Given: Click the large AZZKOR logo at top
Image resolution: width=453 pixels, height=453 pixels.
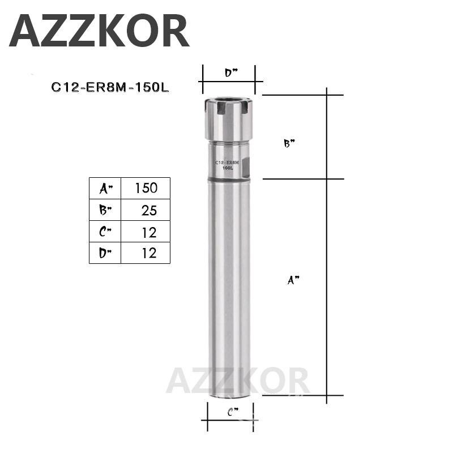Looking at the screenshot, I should click(x=99, y=31).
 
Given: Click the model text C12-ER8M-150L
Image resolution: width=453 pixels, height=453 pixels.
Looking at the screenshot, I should click(x=110, y=87).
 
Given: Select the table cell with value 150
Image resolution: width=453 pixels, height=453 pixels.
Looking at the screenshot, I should click(x=146, y=188).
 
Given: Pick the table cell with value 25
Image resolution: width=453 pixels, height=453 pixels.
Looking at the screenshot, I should click(x=148, y=210).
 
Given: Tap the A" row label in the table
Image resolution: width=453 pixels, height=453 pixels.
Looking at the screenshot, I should click(x=105, y=188).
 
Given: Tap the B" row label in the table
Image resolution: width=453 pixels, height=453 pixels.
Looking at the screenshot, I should click(x=105, y=210).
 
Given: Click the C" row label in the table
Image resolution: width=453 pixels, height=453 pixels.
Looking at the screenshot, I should click(x=105, y=232).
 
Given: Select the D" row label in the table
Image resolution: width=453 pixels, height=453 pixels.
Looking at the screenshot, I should click(x=105, y=253).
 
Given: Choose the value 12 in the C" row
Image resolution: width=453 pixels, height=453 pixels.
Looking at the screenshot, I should click(x=148, y=232).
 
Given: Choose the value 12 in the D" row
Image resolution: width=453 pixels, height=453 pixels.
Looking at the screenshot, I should click(x=148, y=253).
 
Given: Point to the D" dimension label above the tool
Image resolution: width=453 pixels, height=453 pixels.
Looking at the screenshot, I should click(x=230, y=72).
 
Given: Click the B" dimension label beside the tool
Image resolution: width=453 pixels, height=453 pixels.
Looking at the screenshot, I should click(x=289, y=144).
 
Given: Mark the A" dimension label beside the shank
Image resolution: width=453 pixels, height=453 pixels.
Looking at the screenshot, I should click(x=292, y=279).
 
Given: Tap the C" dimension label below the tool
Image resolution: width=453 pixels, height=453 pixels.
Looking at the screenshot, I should click(x=232, y=412).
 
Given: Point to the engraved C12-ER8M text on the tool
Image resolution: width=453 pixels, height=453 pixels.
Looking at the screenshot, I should click(x=228, y=163).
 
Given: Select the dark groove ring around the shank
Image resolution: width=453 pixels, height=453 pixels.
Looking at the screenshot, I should click(x=229, y=180).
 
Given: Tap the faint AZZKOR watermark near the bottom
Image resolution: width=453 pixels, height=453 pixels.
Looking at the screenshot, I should click(x=238, y=381).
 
